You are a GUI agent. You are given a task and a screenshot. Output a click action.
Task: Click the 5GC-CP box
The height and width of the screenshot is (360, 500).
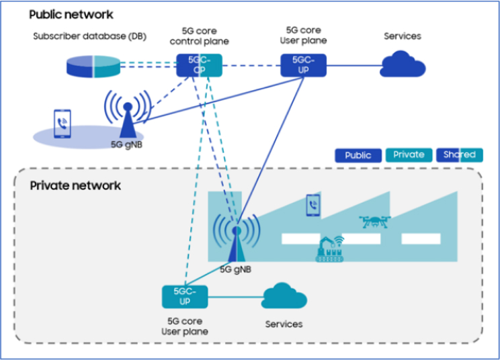coord(199,65)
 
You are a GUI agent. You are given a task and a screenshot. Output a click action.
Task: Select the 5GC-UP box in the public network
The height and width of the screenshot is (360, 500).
coord(302,65)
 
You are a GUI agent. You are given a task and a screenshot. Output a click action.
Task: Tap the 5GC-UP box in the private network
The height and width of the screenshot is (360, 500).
coord(184,296)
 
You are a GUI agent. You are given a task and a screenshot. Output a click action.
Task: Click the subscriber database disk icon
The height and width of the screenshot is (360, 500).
coord(93,66)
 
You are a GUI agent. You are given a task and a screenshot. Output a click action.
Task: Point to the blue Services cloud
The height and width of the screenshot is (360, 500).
coord(403,64)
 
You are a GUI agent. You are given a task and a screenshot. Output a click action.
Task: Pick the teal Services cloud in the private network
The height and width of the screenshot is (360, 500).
coord(284,296)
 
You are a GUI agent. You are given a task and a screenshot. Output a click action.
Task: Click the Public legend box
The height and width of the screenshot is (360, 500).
coord(358,155)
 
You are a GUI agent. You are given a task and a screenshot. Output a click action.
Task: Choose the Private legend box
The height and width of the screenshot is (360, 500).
coord(409,155)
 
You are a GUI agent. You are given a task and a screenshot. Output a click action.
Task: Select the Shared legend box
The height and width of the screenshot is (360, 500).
coord(459,155)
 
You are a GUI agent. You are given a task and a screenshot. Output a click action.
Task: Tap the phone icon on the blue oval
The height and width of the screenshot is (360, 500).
coord(62,124)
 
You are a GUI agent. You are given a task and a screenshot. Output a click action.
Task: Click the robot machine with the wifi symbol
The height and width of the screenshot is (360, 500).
coord(329,249)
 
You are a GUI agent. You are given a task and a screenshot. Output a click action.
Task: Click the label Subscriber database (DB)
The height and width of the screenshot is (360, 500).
coord(90,36)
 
